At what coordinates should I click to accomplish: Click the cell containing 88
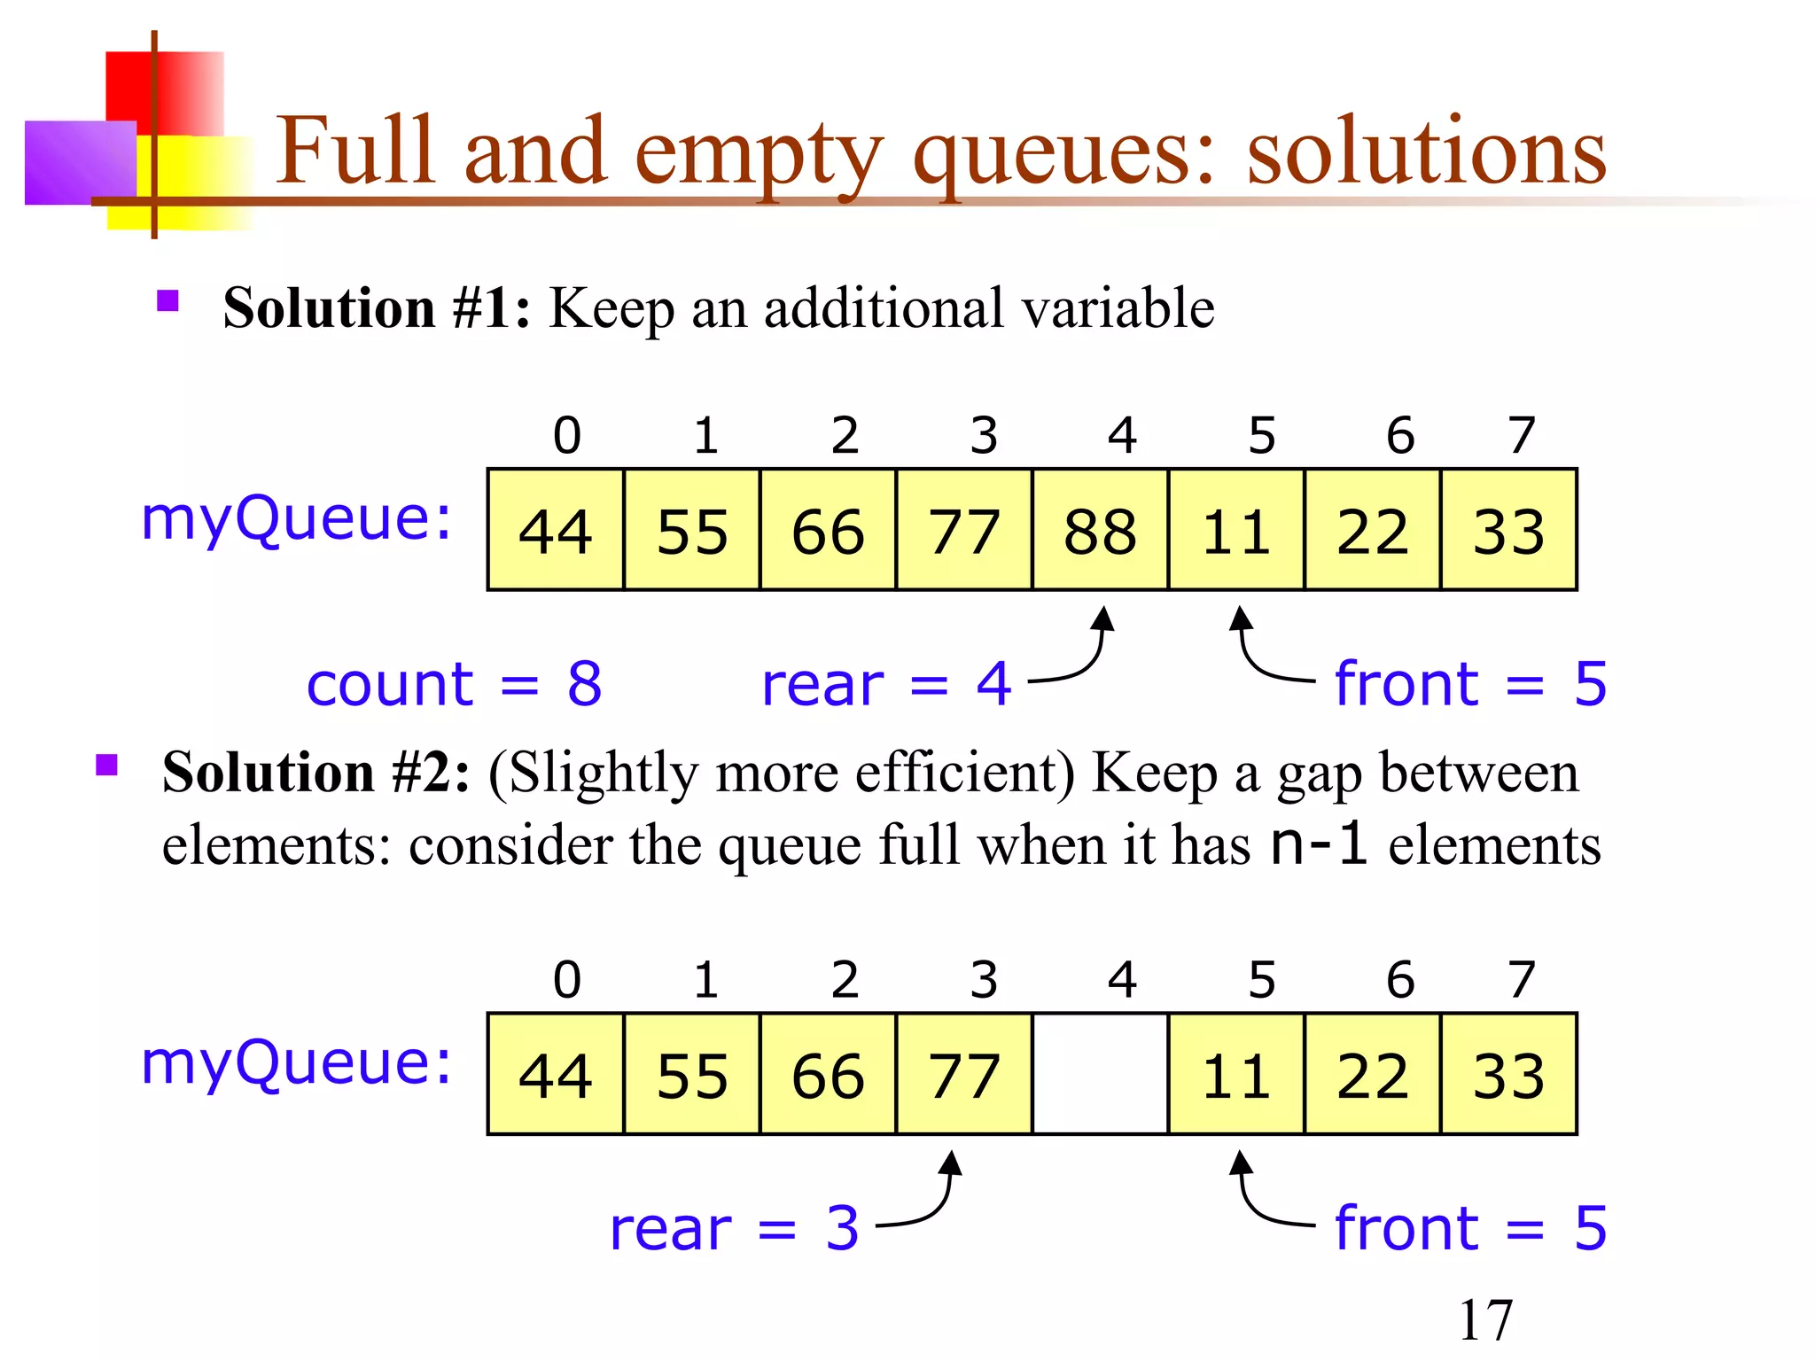[x=1100, y=530]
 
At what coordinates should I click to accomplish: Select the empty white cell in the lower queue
[x=1100, y=1074]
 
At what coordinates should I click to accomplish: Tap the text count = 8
[x=454, y=684]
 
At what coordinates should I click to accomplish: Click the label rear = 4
[x=886, y=684]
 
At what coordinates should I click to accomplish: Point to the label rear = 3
[x=734, y=1228]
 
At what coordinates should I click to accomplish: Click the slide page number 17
[x=1485, y=1320]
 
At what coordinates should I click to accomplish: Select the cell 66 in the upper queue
[x=828, y=530]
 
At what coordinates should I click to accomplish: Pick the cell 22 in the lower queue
[x=1372, y=1074]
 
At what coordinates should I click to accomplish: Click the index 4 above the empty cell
[x=1122, y=979]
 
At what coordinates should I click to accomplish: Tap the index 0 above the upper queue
[x=567, y=435]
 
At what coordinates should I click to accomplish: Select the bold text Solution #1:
[x=377, y=308]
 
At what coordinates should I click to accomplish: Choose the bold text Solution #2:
[x=315, y=772]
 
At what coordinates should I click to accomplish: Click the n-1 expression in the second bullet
[x=1319, y=844]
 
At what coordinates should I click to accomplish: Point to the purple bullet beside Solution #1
[x=167, y=301]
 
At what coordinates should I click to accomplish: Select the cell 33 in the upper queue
[x=1508, y=530]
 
